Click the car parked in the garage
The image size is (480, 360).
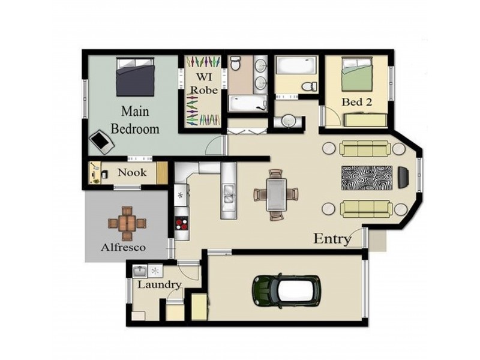pos(286,290)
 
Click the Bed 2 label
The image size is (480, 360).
pos(356,102)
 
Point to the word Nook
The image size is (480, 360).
pos(132,173)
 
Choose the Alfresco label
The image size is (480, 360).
pos(123,247)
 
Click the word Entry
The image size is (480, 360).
pos(332,239)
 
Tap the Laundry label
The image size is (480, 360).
pos(158,284)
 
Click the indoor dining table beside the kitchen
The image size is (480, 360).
pos(276,194)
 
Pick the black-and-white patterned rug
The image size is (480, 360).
pos(366,176)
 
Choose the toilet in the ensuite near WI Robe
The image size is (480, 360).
pos(236,62)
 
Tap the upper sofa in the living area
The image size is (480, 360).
pos(365,148)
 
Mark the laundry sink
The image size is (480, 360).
pos(140,271)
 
